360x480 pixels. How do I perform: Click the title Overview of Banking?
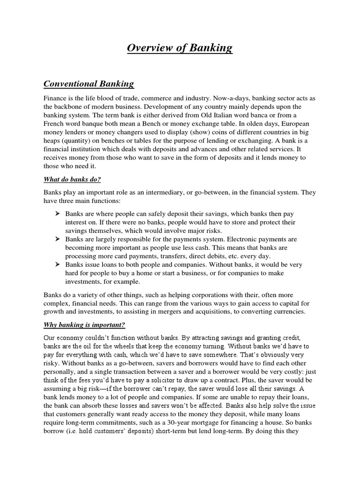[x=180, y=48]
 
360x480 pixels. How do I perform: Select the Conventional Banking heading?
[x=89, y=84]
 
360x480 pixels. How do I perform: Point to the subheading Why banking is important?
[x=84, y=325]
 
